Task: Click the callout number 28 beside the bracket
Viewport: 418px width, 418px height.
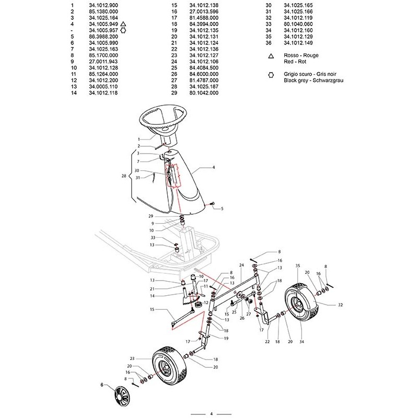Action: click(x=123, y=177)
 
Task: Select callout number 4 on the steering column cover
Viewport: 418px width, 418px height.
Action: click(x=214, y=168)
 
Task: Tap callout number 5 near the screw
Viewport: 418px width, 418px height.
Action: click(x=222, y=208)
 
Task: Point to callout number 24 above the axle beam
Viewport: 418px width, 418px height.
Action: click(x=241, y=265)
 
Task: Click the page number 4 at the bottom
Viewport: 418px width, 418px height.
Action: click(x=211, y=414)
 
